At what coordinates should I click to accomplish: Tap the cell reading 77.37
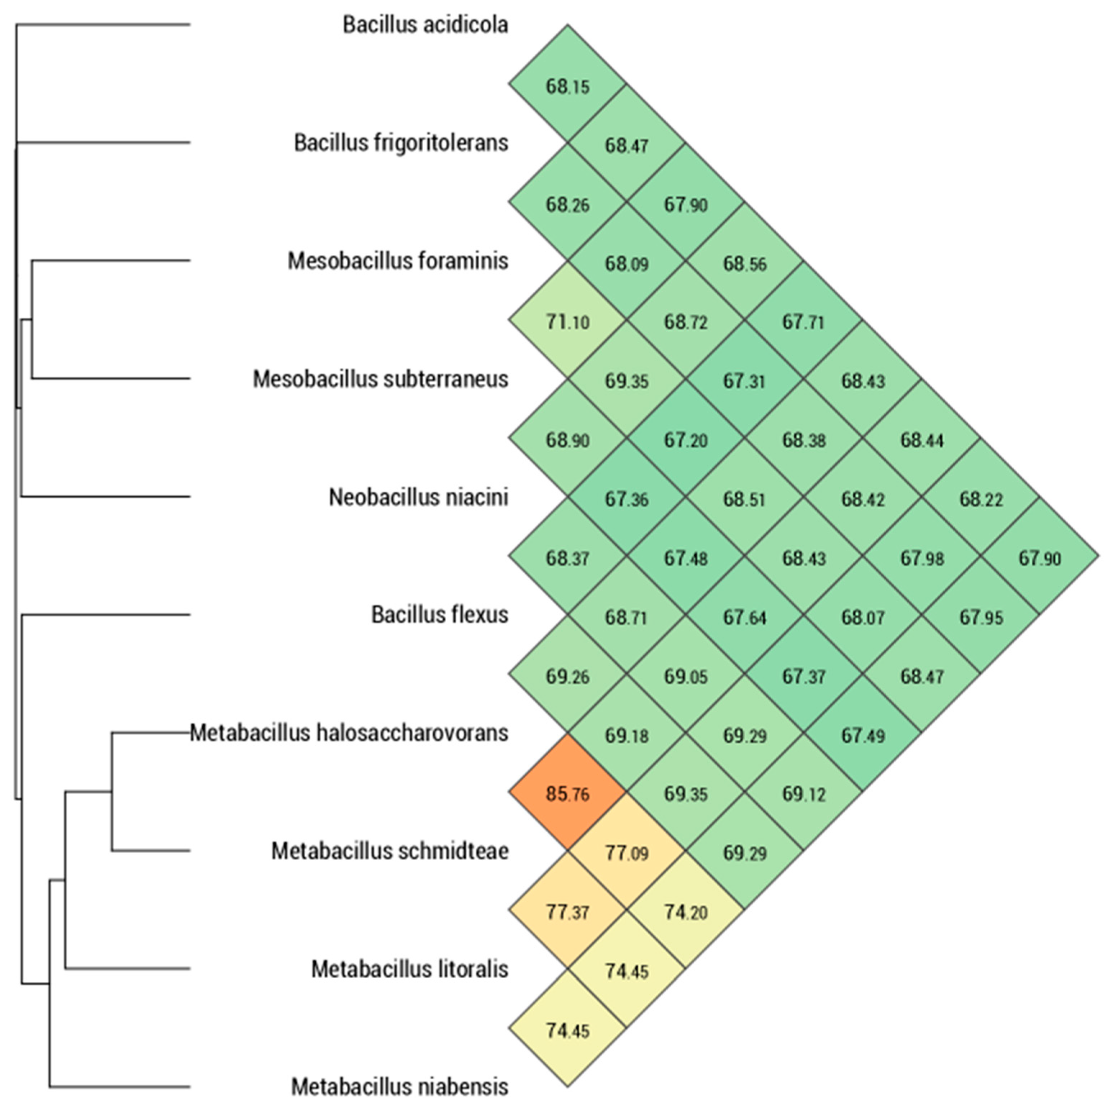pyautogui.click(x=567, y=912)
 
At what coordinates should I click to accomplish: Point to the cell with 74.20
pyautogui.click(x=686, y=912)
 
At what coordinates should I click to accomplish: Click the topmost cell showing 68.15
pyautogui.click(x=567, y=86)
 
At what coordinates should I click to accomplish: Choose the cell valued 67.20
pyautogui.click(x=686, y=440)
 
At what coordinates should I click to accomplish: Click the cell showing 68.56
pyautogui.click(x=744, y=264)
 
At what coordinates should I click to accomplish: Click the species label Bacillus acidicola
pyautogui.click(x=425, y=25)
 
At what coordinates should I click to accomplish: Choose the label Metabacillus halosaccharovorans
pyautogui.click(x=349, y=733)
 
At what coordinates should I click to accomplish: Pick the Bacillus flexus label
pyautogui.click(x=439, y=615)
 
